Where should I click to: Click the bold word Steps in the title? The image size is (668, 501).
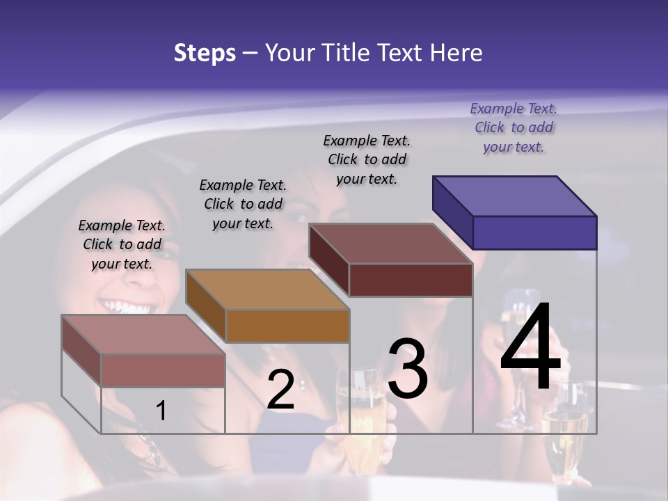tap(205, 53)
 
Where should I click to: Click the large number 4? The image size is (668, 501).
tap(530, 347)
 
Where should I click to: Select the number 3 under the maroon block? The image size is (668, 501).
tap(408, 369)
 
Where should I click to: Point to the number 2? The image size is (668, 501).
tap(280, 390)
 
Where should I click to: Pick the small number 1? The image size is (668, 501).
tap(161, 411)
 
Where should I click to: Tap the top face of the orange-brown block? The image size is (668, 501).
tap(267, 289)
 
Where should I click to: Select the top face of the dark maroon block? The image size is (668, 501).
tap(391, 244)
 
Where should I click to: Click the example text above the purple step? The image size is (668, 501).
tap(514, 127)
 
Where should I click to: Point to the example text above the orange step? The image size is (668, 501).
tap(243, 204)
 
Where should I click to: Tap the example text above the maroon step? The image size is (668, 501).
tap(367, 159)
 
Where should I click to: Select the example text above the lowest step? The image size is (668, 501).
tap(122, 244)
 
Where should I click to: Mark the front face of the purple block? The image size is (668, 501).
tap(534, 232)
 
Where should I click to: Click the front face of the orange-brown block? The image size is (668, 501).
tap(287, 326)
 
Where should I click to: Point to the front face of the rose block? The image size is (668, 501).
tap(163, 370)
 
